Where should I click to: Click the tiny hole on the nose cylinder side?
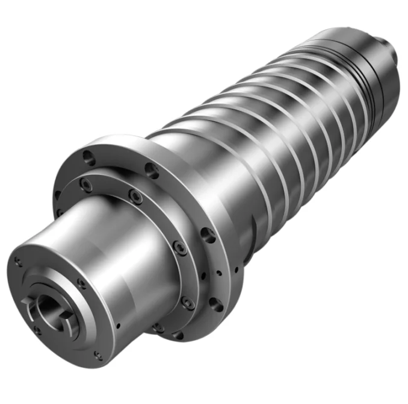click(x=119, y=326)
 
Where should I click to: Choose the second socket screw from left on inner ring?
click(x=137, y=197)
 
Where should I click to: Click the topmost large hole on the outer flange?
click(x=88, y=158)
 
